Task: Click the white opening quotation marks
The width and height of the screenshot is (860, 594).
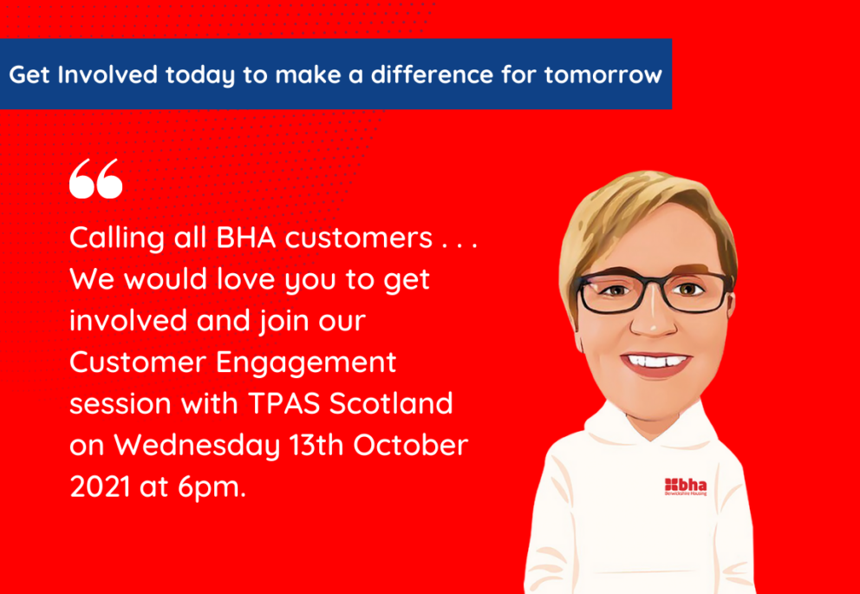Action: click(95, 179)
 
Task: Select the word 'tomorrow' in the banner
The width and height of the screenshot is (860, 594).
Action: click(603, 75)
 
